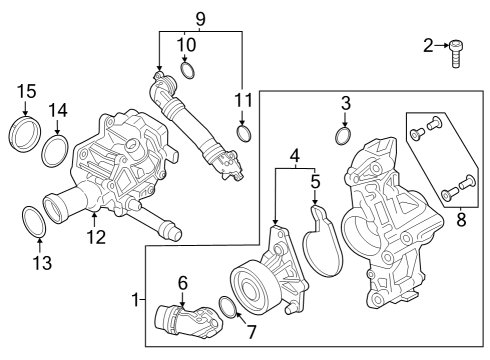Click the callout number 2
(x=428, y=45)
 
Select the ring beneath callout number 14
(x=56, y=151)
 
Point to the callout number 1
(x=136, y=299)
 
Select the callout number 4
(x=295, y=156)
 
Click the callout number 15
(x=26, y=93)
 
